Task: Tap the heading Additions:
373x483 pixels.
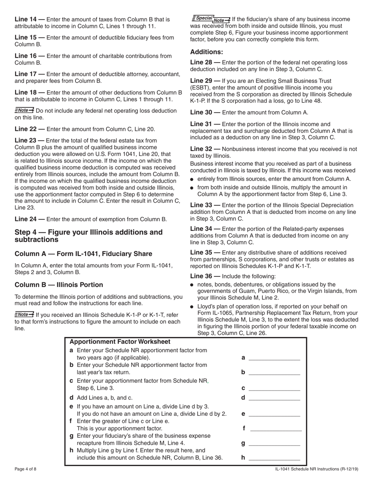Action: pyautogui.click(x=207, y=52)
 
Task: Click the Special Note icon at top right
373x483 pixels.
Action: pyautogui.click(x=211, y=18)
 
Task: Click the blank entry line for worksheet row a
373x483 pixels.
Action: pyautogui.click(x=274, y=358)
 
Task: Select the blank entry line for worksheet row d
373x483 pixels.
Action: pyautogui.click(x=274, y=397)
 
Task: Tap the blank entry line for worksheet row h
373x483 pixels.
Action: pyautogui.click(x=274, y=457)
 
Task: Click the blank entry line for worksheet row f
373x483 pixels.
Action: pyautogui.click(x=276, y=428)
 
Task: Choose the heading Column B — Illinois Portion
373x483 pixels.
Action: pyautogui.click(x=59, y=285)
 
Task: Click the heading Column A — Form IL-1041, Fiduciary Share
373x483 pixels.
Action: pyautogui.click(x=83, y=254)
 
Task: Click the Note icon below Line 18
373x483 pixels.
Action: pyautogui.click(x=24, y=110)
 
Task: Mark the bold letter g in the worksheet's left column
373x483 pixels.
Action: pyautogui.click(x=71, y=436)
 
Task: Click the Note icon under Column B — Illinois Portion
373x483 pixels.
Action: pyautogui.click(x=24, y=314)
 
